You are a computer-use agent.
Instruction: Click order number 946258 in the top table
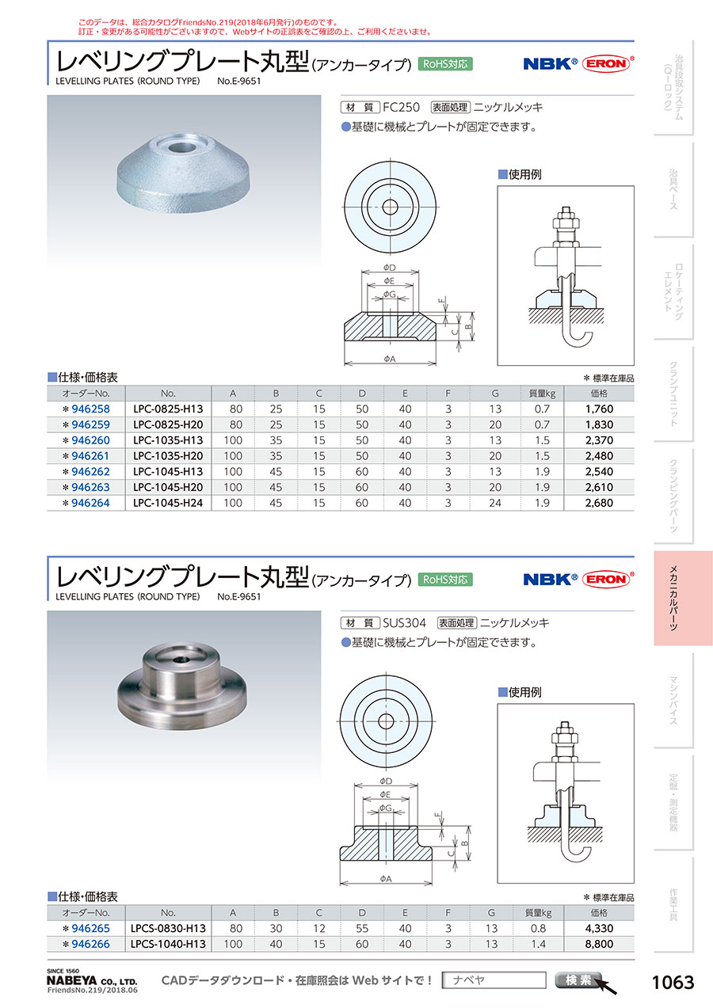click(90, 409)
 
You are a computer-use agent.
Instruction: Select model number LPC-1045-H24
click(168, 503)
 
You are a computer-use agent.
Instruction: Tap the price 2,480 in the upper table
click(599, 456)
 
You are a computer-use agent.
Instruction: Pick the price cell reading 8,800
click(599, 944)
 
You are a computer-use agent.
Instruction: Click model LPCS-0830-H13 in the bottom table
click(168, 928)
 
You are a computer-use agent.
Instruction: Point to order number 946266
click(90, 944)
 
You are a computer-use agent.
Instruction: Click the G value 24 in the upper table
click(495, 503)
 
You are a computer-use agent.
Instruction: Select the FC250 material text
click(401, 107)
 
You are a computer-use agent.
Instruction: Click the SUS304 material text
click(404, 623)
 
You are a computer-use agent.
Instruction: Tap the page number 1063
click(673, 982)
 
